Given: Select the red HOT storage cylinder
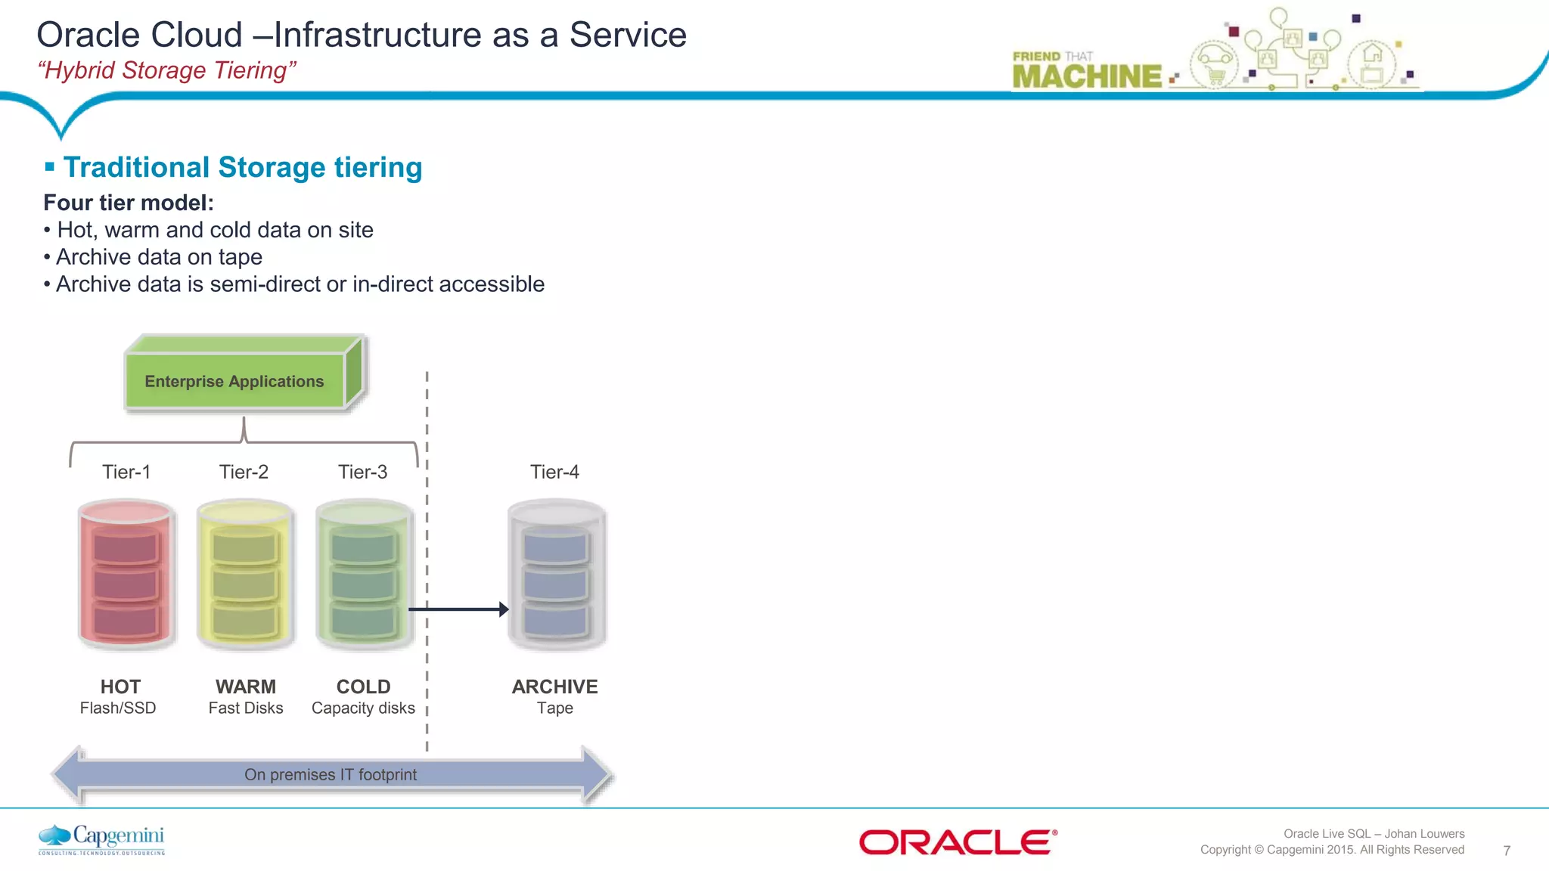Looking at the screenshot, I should point(126,575).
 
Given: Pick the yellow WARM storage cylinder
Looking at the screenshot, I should point(245,575).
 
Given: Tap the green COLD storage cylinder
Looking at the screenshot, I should point(364,575).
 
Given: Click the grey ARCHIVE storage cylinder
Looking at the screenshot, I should point(556,575).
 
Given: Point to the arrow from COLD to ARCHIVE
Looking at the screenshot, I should point(458,609).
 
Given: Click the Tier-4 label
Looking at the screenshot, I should point(554,472).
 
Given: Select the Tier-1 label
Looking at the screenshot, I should point(126,472).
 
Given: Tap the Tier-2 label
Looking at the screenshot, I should point(244,472).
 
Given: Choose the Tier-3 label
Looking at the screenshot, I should point(362,472).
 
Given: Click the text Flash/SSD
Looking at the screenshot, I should point(118,708).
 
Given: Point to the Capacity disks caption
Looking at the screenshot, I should point(363,708).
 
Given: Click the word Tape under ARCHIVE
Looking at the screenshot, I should point(554,708).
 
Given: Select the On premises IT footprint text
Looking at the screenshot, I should point(331,774).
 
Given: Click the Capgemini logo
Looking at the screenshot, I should point(102,839).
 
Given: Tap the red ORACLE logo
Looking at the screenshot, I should point(958,842).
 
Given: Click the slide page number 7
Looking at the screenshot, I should point(1506,851).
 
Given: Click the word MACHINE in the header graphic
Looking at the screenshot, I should point(1087,76).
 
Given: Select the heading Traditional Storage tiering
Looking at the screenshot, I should point(242,167).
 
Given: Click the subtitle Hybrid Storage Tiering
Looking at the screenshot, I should point(166,70).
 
